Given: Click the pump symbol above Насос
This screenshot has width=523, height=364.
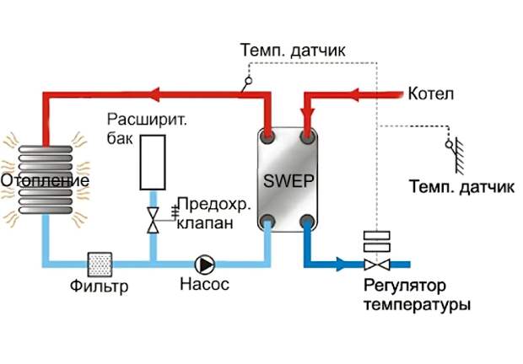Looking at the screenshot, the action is click(204, 265).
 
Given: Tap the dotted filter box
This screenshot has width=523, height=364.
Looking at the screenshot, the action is click(100, 265).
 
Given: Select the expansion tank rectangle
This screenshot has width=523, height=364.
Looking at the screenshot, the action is click(153, 162).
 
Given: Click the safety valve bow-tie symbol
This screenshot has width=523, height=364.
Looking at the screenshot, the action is click(153, 220).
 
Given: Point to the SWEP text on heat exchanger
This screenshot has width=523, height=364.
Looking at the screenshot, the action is click(288, 181).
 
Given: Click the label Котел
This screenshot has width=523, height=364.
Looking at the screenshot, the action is click(431, 94).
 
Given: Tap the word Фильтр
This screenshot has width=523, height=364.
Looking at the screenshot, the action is click(99, 286).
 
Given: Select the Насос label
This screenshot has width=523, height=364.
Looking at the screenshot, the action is click(205, 284).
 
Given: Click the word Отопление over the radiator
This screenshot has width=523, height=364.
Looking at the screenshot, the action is click(45, 180).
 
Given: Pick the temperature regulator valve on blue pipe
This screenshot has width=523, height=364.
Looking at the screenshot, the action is click(377, 265).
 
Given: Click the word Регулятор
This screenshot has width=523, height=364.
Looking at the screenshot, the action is click(405, 286).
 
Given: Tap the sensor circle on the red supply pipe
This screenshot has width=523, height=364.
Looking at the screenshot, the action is click(249, 81).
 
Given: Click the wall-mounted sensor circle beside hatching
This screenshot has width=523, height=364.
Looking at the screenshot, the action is click(449, 145).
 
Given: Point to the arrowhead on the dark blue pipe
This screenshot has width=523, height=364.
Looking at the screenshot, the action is click(342, 264).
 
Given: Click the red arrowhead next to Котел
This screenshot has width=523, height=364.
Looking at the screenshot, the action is click(353, 95).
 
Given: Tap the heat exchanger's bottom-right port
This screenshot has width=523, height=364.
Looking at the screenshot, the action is click(307, 221).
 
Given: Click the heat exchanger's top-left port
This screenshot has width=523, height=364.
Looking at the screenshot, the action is click(267, 136).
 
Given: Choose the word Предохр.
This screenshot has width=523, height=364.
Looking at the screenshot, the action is click(213, 205).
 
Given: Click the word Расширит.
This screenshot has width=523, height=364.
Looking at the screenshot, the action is click(147, 120).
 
